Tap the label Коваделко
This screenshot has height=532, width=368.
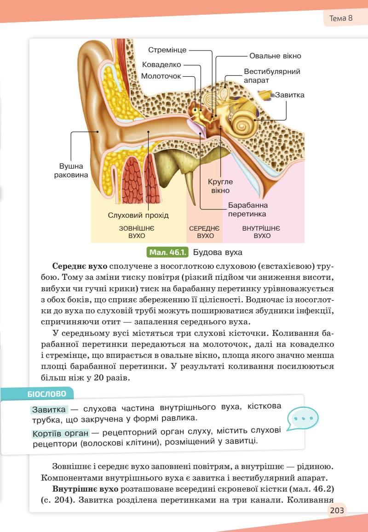pyautogui.click(x=161, y=65)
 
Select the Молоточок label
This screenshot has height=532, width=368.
pyautogui.click(x=161, y=76)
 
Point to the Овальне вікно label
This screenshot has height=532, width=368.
pyautogui.click(x=275, y=56)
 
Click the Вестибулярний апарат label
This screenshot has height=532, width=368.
pyautogui.click(x=272, y=76)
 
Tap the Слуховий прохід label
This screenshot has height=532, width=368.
pyautogui.click(x=138, y=215)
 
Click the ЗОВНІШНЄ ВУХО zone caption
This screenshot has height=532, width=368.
pyautogui.click(x=137, y=232)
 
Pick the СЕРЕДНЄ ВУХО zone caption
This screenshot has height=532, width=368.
pyautogui.click(x=205, y=232)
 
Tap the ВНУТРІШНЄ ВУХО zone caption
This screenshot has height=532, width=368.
pyautogui.click(x=262, y=232)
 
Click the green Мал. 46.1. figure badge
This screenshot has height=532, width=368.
pyautogui.click(x=167, y=252)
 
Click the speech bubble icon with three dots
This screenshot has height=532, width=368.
pyautogui.click(x=302, y=419)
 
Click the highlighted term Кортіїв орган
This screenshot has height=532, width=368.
pyautogui.click(x=61, y=433)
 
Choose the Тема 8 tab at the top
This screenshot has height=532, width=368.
pyautogui.click(x=341, y=19)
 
